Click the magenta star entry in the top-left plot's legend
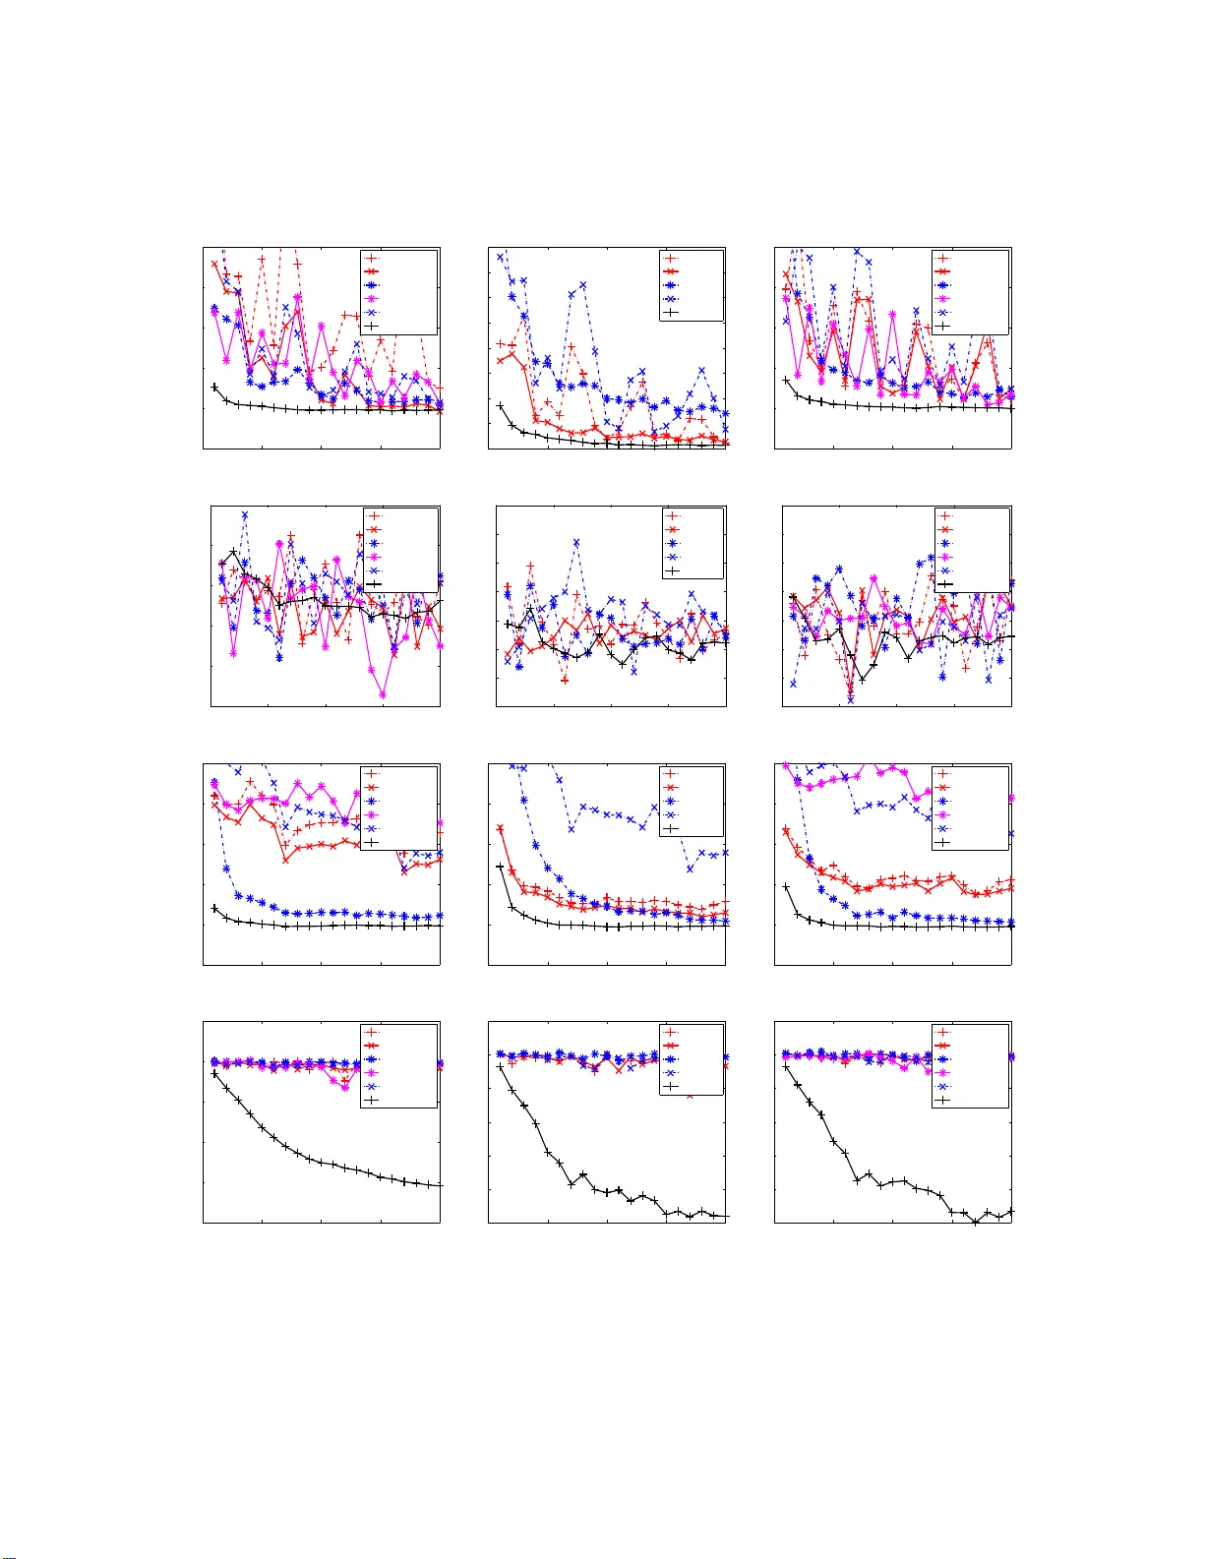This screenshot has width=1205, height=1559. coord(373,298)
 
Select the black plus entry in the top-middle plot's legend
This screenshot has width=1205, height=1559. coord(671,312)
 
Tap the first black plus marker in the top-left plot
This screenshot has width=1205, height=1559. coord(214,388)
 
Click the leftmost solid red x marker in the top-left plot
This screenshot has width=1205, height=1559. coord(214,264)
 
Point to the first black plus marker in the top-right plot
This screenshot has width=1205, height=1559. coord(786,381)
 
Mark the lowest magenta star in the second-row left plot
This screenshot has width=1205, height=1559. coord(383,694)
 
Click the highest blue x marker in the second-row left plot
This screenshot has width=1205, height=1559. coord(245,514)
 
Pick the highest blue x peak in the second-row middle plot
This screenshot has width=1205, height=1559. coord(576,542)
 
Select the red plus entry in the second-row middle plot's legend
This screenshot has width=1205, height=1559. coord(672,515)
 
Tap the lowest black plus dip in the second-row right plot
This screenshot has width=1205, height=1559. coord(863,679)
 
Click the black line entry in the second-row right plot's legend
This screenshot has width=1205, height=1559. coord(945,584)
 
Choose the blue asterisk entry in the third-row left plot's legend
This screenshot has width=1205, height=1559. coord(373,801)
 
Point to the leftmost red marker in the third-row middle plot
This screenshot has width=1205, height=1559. coord(500,829)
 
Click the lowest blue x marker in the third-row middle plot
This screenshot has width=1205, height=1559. coord(690,869)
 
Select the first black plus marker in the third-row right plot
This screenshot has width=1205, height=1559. coord(786,886)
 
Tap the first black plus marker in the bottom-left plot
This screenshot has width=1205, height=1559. coord(214,1074)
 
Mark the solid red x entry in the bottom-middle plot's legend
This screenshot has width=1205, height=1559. coord(671,1045)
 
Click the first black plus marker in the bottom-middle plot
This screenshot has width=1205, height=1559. coord(500,1067)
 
